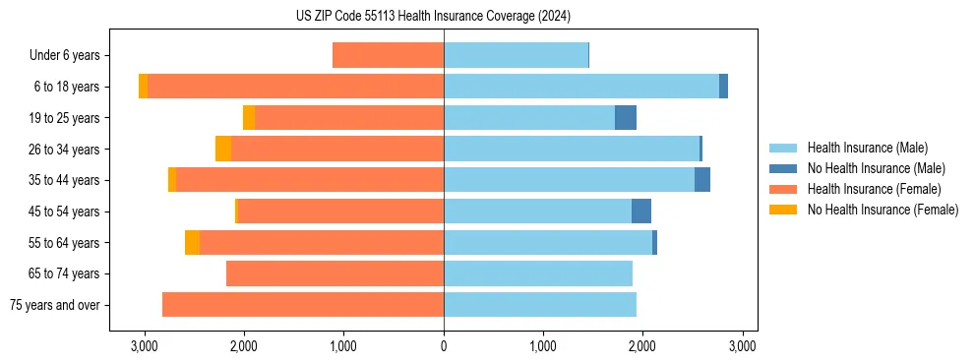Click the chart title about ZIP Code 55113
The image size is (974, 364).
click(x=433, y=17)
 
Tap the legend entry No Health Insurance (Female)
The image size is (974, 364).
click(x=883, y=210)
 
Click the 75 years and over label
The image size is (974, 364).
click(x=54, y=305)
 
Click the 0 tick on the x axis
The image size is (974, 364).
click(x=444, y=346)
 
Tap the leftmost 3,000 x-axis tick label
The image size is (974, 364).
click(x=145, y=346)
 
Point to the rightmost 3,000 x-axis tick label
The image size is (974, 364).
click(x=742, y=346)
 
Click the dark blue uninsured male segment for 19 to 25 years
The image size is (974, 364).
click(x=626, y=118)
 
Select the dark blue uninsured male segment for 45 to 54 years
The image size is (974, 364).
click(x=641, y=212)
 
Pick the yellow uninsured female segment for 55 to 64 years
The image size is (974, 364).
click(x=192, y=243)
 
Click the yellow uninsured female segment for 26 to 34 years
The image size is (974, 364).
click(x=223, y=150)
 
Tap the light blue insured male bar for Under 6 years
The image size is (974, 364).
click(x=516, y=55)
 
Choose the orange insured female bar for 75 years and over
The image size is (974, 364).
click(x=303, y=305)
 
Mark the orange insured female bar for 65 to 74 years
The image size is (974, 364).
click(x=335, y=273)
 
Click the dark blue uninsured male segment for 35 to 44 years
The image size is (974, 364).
click(x=702, y=180)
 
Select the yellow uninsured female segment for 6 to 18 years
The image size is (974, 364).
click(x=144, y=87)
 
